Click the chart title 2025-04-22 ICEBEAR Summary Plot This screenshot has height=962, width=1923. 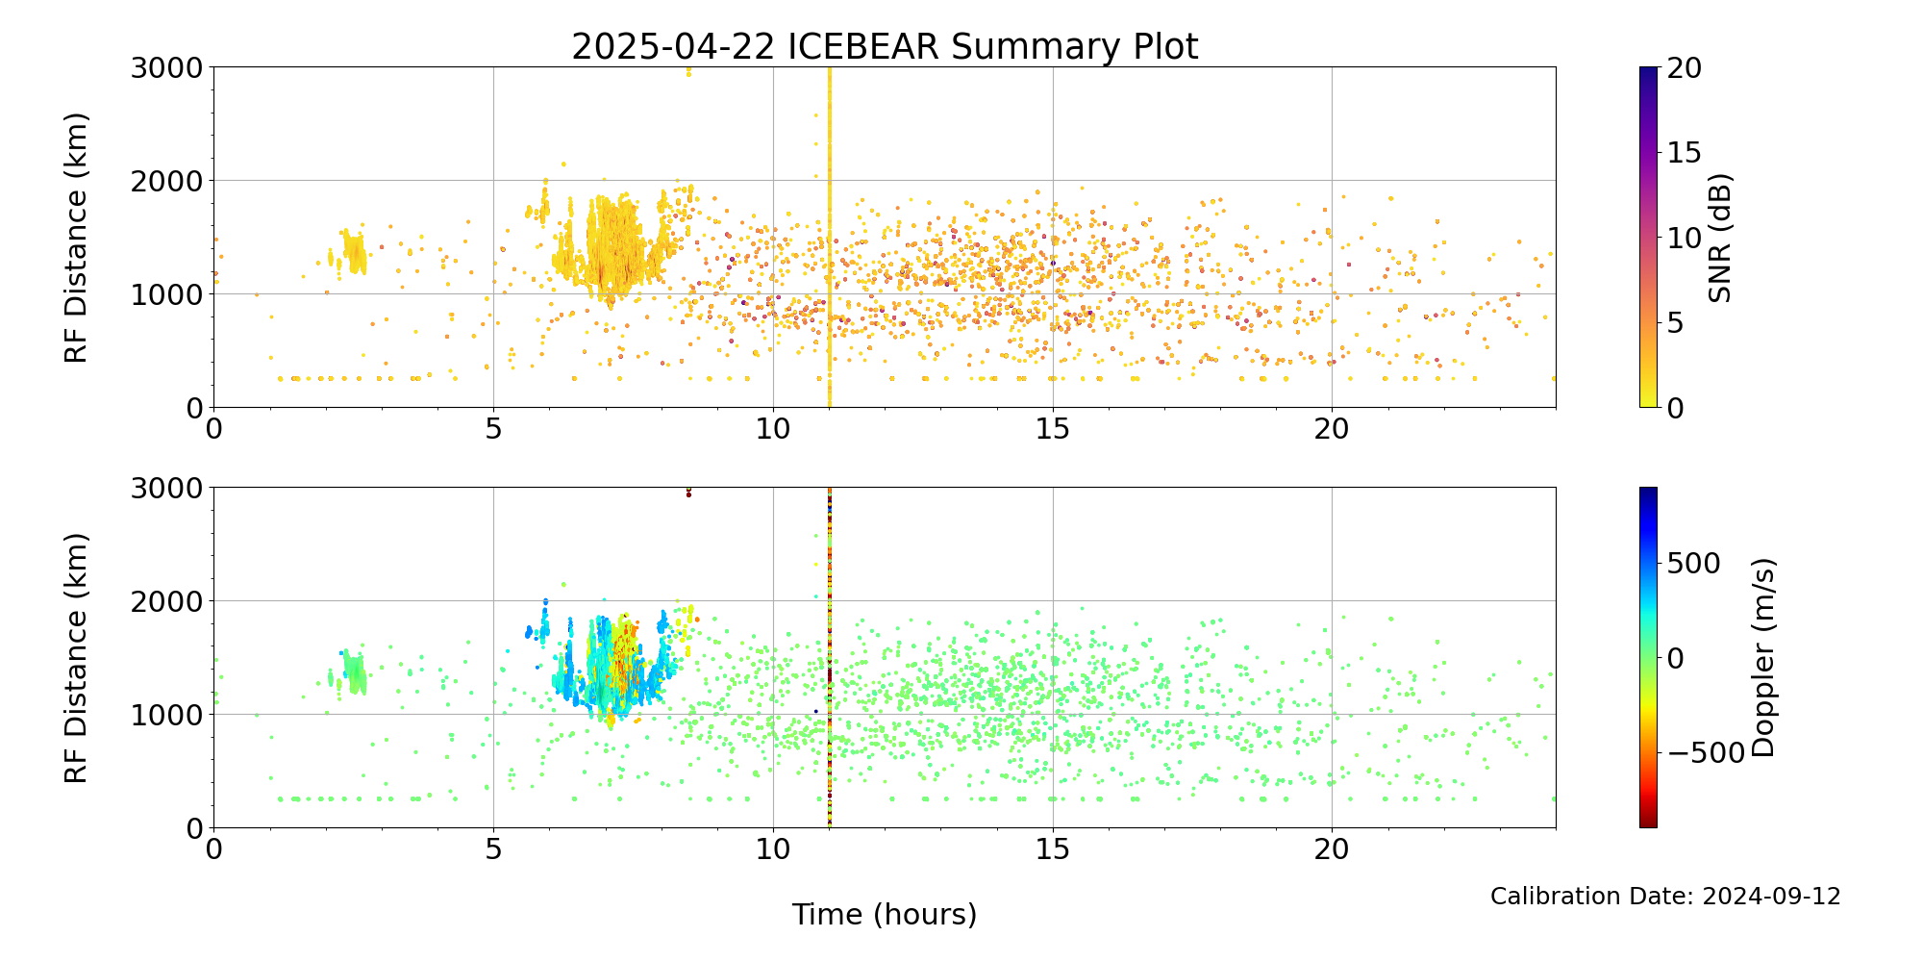(x=885, y=46)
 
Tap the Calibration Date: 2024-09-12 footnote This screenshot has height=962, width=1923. (x=1665, y=897)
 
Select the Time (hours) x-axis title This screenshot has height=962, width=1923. (x=885, y=914)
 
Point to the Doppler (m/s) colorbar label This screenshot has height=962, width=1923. (x=1762, y=657)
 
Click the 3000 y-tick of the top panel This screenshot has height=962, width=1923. (x=168, y=67)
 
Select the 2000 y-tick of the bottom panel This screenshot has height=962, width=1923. (x=168, y=601)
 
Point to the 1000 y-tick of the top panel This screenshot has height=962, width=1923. (x=168, y=294)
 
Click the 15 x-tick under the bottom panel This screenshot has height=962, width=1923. (x=1053, y=850)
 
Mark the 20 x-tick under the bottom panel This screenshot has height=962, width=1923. (x=1333, y=850)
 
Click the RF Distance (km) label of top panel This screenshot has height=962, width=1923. (x=77, y=238)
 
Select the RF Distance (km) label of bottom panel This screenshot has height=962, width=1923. (x=77, y=658)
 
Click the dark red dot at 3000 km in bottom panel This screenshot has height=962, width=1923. (x=688, y=494)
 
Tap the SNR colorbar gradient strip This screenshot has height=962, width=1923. (x=1648, y=238)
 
